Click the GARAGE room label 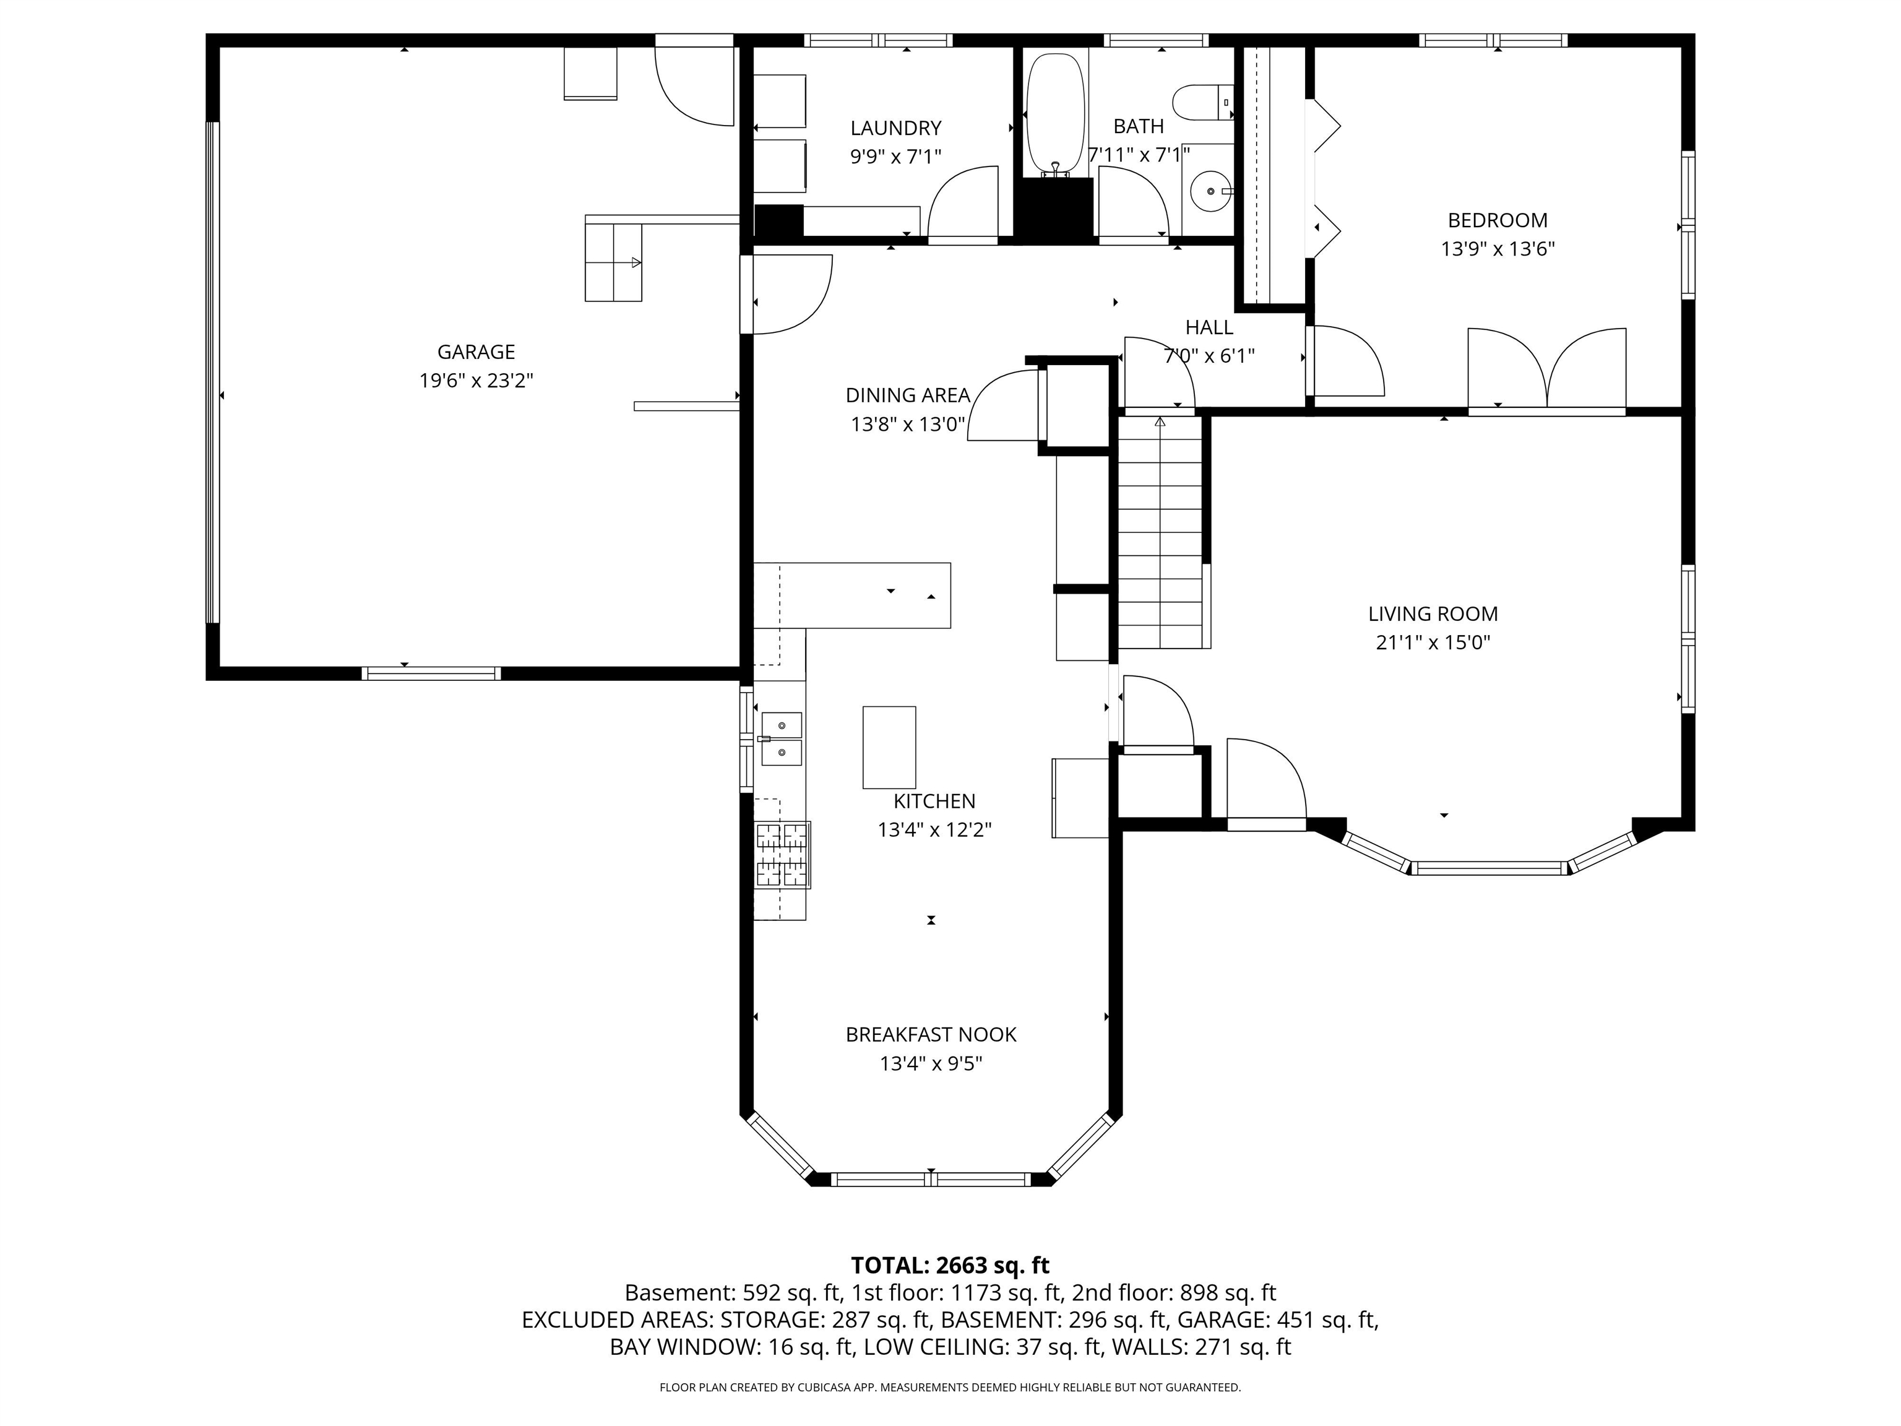click(476, 352)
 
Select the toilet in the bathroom click(1203, 102)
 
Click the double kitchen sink click(781, 738)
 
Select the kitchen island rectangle click(889, 747)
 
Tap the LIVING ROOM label click(1433, 614)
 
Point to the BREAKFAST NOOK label click(931, 1035)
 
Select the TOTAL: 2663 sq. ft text click(950, 1265)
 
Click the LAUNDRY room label click(895, 128)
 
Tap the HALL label click(1209, 327)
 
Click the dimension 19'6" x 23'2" click(476, 381)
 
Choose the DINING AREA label click(908, 395)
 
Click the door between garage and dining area click(787, 295)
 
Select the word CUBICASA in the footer click(825, 1388)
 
